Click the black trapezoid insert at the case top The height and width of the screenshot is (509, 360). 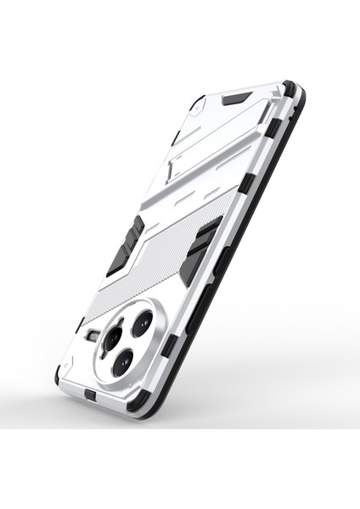235,98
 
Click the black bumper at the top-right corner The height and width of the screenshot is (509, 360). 291,89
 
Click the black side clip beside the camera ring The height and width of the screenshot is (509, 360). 171,343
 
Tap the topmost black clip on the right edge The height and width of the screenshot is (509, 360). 273,128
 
